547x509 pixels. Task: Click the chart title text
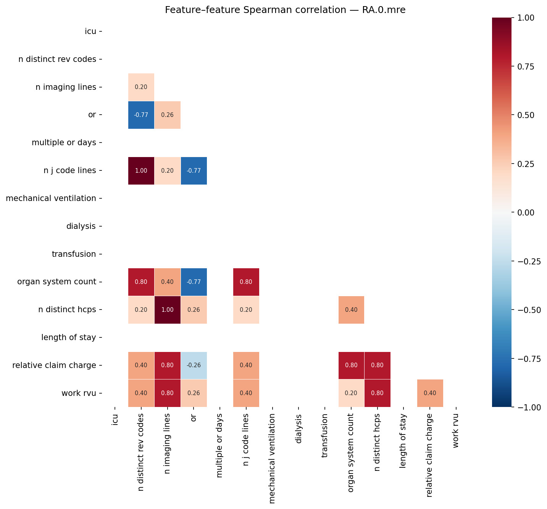coord(285,10)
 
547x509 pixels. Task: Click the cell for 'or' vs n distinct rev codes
coord(141,115)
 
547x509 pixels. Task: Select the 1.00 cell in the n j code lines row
coord(141,171)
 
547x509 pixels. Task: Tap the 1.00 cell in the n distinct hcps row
coord(168,310)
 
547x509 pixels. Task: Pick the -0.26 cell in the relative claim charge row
coord(194,365)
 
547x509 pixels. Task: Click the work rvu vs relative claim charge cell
coord(430,393)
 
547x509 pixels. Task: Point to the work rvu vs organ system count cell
coord(351,393)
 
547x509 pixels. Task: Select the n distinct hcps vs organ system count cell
coord(351,310)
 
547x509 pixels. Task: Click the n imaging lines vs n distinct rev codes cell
coord(141,87)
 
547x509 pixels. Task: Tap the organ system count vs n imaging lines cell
coord(168,282)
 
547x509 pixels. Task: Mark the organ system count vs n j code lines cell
coord(246,282)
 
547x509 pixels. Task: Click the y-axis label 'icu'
coord(90,31)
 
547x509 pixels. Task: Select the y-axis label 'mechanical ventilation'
coord(51,198)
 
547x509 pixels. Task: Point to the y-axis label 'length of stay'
coord(69,337)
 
